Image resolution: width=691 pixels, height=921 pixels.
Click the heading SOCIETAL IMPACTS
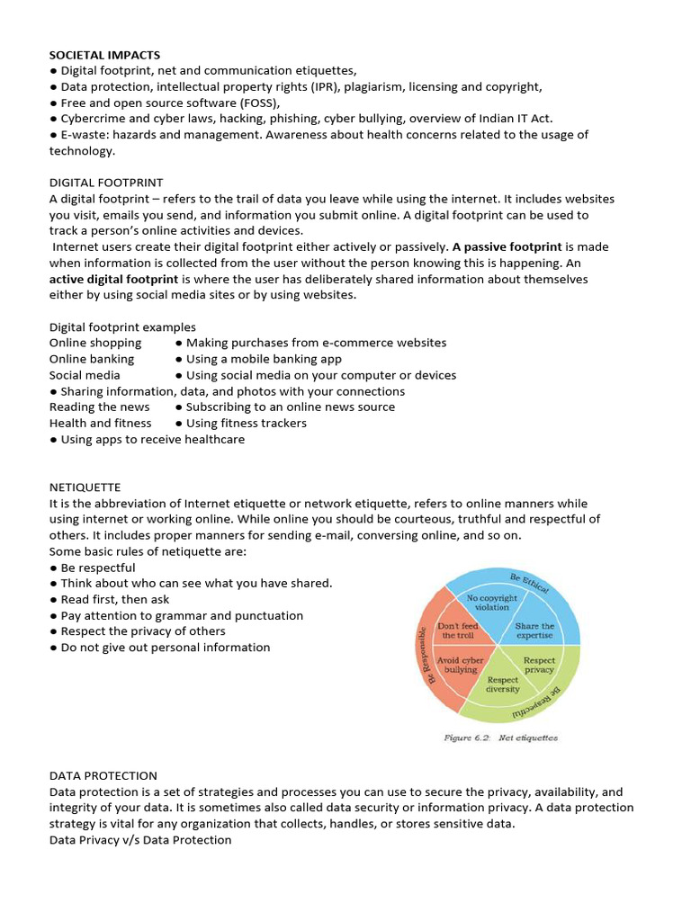coord(104,55)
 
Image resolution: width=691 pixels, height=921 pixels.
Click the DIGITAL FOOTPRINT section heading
coord(106,183)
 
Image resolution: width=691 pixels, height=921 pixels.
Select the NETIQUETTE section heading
coord(85,487)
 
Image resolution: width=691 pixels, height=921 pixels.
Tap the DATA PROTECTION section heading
coord(103,775)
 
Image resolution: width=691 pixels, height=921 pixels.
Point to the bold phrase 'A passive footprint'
coord(507,246)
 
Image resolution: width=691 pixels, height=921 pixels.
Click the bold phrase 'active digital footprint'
coord(113,280)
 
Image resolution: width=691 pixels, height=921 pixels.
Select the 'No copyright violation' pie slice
coord(492,603)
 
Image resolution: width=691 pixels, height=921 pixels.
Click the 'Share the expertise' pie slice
coord(534,630)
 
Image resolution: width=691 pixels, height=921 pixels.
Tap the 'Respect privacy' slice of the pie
coord(539,666)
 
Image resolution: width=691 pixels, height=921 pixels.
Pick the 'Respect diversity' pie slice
coord(503,684)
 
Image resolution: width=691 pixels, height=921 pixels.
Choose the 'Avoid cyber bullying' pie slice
coord(461,665)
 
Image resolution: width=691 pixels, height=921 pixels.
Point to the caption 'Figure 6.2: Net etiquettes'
coord(500,738)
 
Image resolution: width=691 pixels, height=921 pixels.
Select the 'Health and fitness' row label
coord(100,423)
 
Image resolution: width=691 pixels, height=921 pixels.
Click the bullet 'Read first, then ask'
coord(110,599)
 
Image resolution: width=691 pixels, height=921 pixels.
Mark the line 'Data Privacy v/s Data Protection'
coord(140,840)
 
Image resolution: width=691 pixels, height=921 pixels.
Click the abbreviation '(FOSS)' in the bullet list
coord(260,103)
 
